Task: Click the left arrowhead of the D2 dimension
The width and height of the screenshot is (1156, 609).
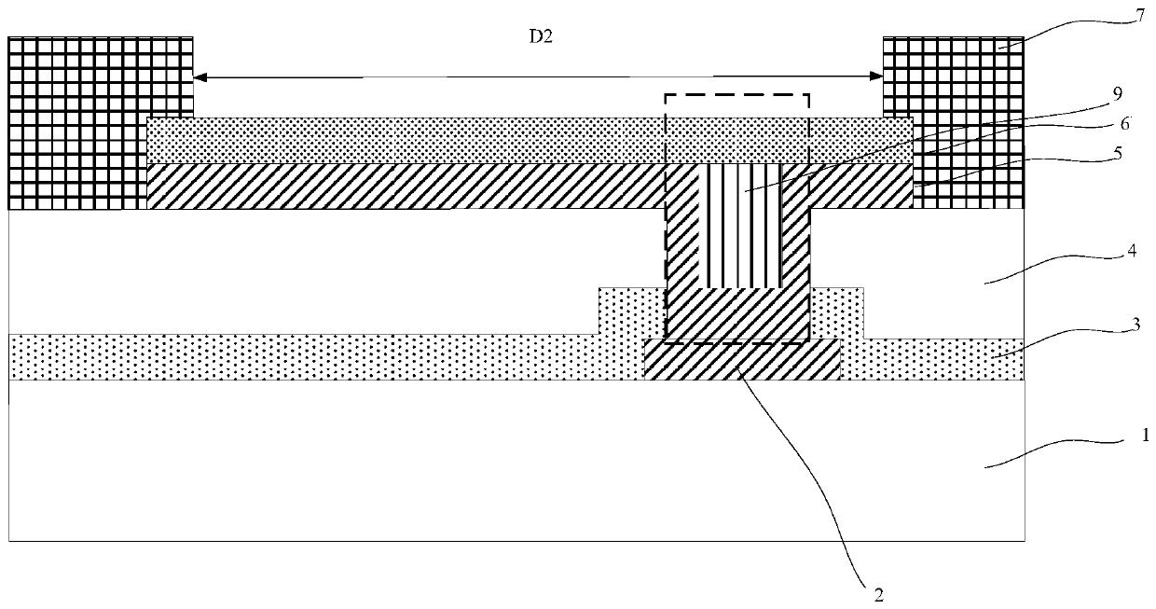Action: pos(198,76)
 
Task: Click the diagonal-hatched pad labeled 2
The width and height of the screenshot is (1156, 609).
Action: pos(742,361)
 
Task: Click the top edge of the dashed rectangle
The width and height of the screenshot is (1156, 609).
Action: pos(736,94)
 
